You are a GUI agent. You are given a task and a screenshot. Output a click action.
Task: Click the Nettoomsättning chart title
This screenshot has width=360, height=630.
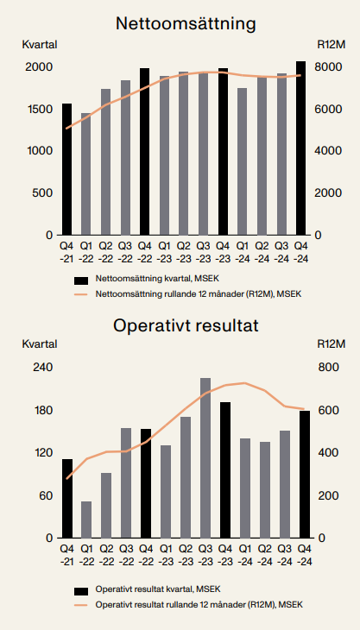[x=186, y=24]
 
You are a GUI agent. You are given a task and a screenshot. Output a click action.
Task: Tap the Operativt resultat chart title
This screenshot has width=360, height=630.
[x=186, y=326]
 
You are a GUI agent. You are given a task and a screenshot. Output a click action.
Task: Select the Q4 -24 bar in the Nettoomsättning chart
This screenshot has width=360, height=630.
[x=300, y=148]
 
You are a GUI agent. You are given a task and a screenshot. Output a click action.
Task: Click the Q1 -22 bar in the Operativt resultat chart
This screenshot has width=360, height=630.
[x=86, y=520]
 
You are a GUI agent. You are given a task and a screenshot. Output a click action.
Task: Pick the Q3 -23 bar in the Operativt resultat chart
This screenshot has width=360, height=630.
[x=205, y=458]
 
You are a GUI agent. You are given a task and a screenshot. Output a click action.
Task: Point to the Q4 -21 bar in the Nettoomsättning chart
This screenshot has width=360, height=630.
[x=66, y=169]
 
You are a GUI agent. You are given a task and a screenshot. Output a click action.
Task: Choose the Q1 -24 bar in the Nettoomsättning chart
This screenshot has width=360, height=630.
[x=242, y=161]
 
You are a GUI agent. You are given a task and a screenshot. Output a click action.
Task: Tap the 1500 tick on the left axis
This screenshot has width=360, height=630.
[x=39, y=110]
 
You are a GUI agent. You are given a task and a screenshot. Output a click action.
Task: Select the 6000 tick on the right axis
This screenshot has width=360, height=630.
[x=331, y=110]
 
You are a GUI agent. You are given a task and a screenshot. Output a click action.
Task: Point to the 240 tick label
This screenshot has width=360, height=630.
[x=42, y=368]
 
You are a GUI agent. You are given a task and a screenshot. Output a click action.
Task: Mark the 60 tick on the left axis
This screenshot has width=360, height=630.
[x=46, y=496]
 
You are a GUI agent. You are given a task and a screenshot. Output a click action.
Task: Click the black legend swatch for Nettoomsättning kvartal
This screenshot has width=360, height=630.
[x=81, y=280]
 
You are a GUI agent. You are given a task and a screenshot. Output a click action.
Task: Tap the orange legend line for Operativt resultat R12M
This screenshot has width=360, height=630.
[x=81, y=605]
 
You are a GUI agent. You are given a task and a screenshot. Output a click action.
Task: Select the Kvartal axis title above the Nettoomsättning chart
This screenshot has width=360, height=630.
[x=40, y=45]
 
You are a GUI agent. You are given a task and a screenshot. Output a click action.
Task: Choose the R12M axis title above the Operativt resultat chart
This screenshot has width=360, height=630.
[x=331, y=344]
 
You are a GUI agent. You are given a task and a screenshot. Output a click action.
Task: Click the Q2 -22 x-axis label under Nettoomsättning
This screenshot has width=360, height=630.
[x=105, y=252]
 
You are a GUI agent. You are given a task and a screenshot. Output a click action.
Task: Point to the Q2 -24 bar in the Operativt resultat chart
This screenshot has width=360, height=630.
[x=264, y=490]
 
